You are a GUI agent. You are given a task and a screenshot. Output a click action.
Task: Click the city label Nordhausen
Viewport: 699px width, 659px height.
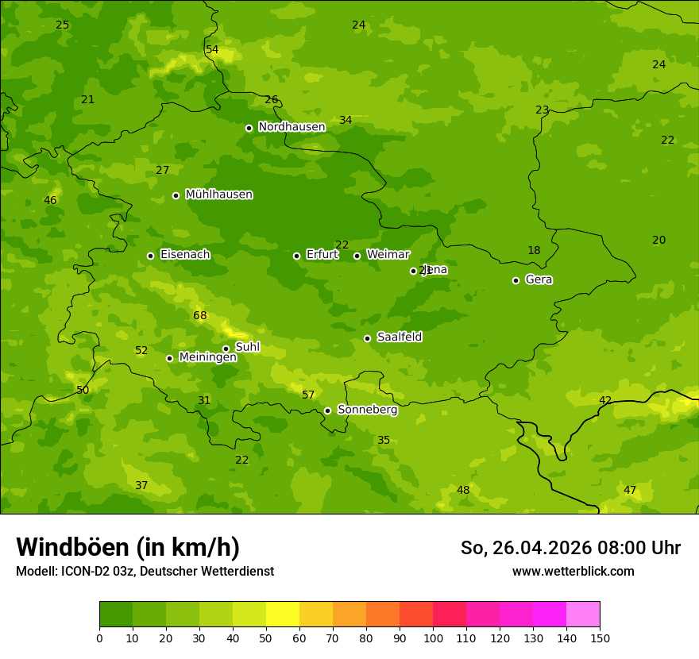[x=292, y=127]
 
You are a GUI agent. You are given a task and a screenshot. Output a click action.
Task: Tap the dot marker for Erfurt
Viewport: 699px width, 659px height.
[x=296, y=256]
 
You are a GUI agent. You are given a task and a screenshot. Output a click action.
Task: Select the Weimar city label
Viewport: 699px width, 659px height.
[x=388, y=255]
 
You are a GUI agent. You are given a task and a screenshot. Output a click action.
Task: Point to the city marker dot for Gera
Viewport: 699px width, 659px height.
[x=516, y=280]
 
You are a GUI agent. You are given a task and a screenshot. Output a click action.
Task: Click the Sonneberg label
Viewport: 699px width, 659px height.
[x=367, y=410]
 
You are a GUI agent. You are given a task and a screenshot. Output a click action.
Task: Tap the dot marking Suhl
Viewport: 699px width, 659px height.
[x=226, y=349]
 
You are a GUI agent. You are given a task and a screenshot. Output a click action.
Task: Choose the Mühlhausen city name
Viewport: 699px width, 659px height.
[x=218, y=195]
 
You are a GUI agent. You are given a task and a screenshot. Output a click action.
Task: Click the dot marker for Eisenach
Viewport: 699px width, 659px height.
[x=150, y=256]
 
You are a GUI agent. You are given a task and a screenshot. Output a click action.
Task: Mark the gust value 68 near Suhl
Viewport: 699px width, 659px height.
[x=200, y=316]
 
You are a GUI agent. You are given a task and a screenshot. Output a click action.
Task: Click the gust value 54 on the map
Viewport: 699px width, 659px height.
[x=212, y=50]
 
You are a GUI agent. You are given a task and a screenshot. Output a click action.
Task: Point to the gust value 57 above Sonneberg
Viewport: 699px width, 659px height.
[x=308, y=395]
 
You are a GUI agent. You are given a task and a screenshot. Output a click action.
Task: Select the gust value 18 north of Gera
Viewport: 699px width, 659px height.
[x=534, y=251]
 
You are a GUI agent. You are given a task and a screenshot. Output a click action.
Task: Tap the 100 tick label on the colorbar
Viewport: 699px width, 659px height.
[x=433, y=638]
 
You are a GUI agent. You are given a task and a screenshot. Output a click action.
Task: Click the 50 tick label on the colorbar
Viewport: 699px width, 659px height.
[x=266, y=638]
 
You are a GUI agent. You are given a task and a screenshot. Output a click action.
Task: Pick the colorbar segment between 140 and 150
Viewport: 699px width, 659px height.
[x=583, y=615]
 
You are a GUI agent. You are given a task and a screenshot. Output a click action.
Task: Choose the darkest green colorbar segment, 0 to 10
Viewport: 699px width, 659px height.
[x=116, y=615]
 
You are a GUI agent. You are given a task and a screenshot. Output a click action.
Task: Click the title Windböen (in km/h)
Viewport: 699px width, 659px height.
[x=128, y=547]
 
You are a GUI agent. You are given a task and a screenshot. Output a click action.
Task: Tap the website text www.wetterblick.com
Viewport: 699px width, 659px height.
[x=573, y=572]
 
